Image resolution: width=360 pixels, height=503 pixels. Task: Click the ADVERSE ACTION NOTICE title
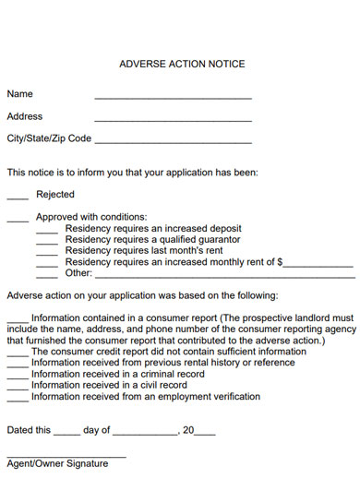[x=183, y=65]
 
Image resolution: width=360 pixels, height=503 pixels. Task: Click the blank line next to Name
[x=173, y=97]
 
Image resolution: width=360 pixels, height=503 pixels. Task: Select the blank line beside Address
[x=173, y=120]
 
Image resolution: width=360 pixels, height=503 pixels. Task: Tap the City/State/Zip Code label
[x=49, y=138]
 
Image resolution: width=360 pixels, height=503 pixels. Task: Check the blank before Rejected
[x=18, y=198]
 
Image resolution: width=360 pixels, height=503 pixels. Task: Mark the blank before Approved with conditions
[x=18, y=221]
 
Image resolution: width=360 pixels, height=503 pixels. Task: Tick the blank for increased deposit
[x=47, y=232]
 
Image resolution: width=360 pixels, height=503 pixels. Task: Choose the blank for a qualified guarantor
[x=47, y=243]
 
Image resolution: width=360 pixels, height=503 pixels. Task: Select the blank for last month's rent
[x=47, y=254]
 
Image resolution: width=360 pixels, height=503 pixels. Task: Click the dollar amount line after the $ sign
[x=318, y=266]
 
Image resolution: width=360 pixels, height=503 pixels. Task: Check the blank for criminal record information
[x=18, y=377]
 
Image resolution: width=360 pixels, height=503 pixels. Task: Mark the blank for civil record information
[x=18, y=389]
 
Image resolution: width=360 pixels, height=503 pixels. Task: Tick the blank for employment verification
[x=18, y=400]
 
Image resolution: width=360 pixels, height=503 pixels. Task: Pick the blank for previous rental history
[x=18, y=366]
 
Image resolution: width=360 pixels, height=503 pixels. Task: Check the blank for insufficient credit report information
[x=18, y=355]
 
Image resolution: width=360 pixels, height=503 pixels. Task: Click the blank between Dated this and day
[x=66, y=434]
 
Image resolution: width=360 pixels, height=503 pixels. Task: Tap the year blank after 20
[x=205, y=434]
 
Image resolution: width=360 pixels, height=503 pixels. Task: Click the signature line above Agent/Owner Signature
[x=66, y=457]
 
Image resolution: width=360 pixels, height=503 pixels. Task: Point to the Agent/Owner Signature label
[x=57, y=464]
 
